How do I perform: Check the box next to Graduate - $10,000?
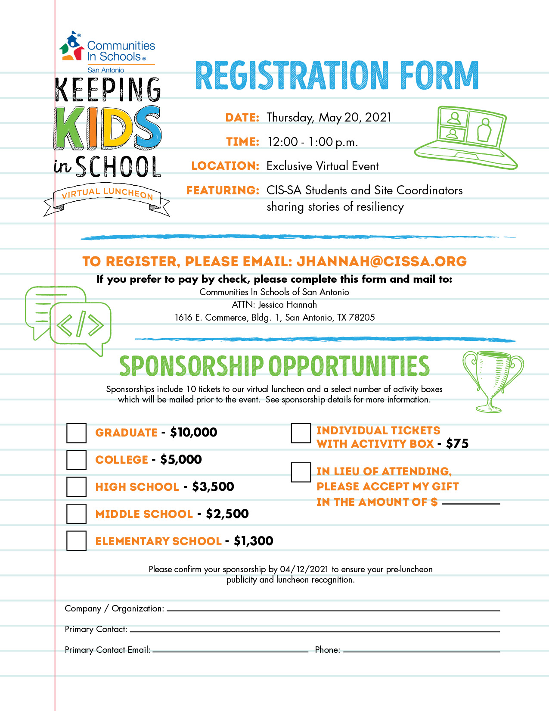76,433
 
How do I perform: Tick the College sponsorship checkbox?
76,460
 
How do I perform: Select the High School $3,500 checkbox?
76,487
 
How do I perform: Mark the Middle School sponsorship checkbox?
76,514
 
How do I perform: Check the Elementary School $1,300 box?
76,541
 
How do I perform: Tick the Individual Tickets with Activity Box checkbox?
301,433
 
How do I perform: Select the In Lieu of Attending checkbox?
301,472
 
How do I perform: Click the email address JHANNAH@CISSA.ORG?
382,262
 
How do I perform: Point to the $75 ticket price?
457,443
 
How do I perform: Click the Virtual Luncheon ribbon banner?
107,199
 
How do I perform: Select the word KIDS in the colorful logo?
108,128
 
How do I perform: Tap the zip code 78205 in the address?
362,318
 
